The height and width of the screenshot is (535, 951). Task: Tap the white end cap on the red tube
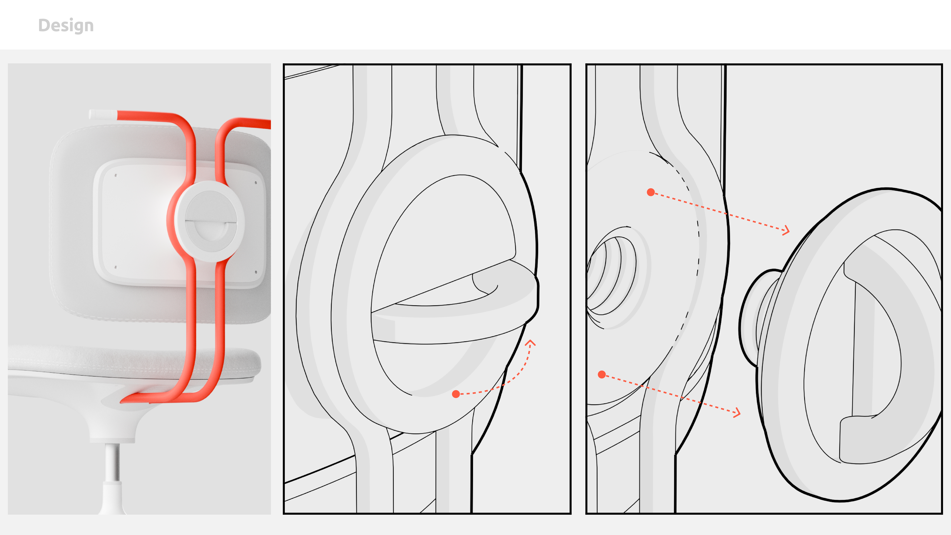coord(103,114)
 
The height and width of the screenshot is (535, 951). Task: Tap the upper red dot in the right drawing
coord(651,192)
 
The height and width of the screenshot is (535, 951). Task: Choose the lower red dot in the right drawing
coord(602,375)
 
